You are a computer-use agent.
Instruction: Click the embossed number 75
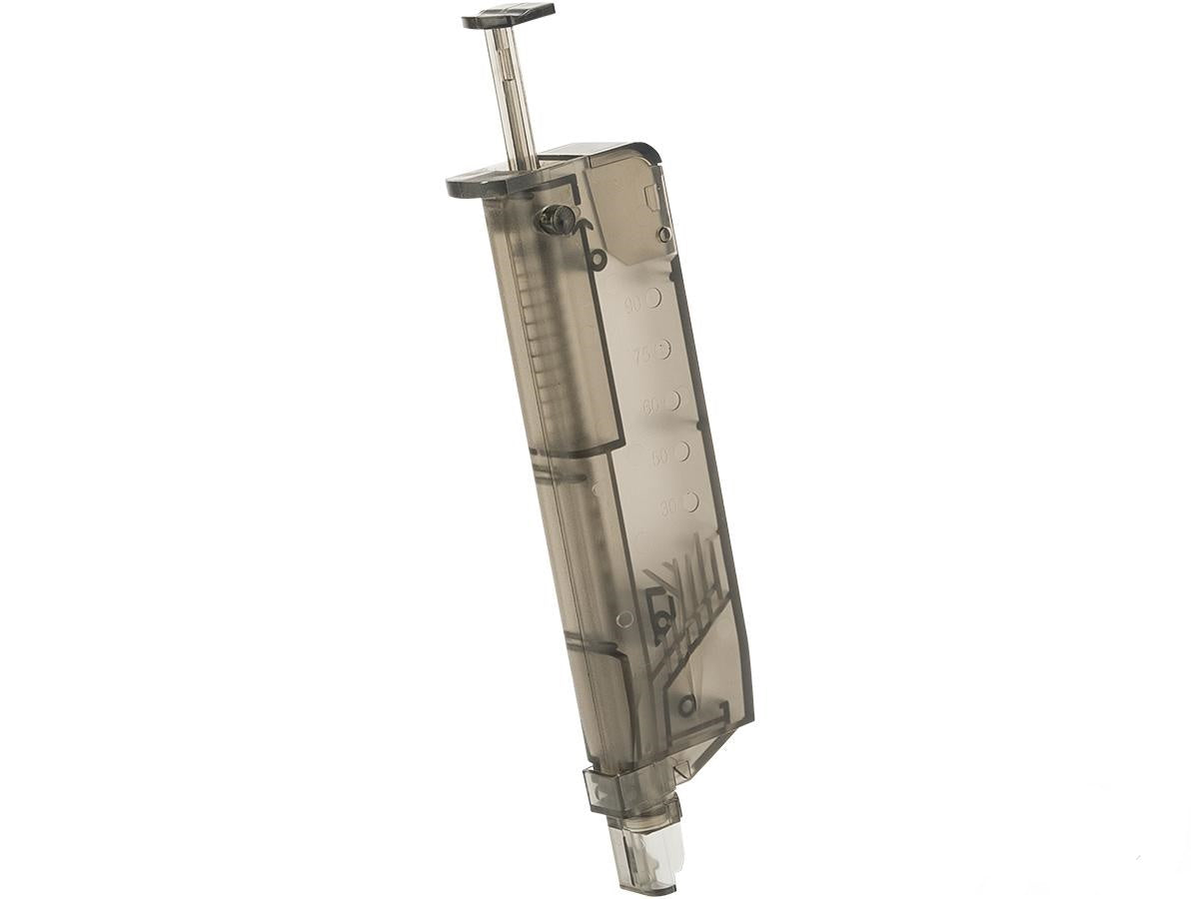click(x=640, y=355)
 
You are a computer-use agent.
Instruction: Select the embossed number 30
click(x=666, y=507)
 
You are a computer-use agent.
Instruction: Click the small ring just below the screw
click(x=598, y=262)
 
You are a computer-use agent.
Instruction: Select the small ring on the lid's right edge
click(x=663, y=234)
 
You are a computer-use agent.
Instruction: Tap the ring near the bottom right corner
click(x=686, y=706)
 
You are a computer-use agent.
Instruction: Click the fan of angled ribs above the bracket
click(x=689, y=579)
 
